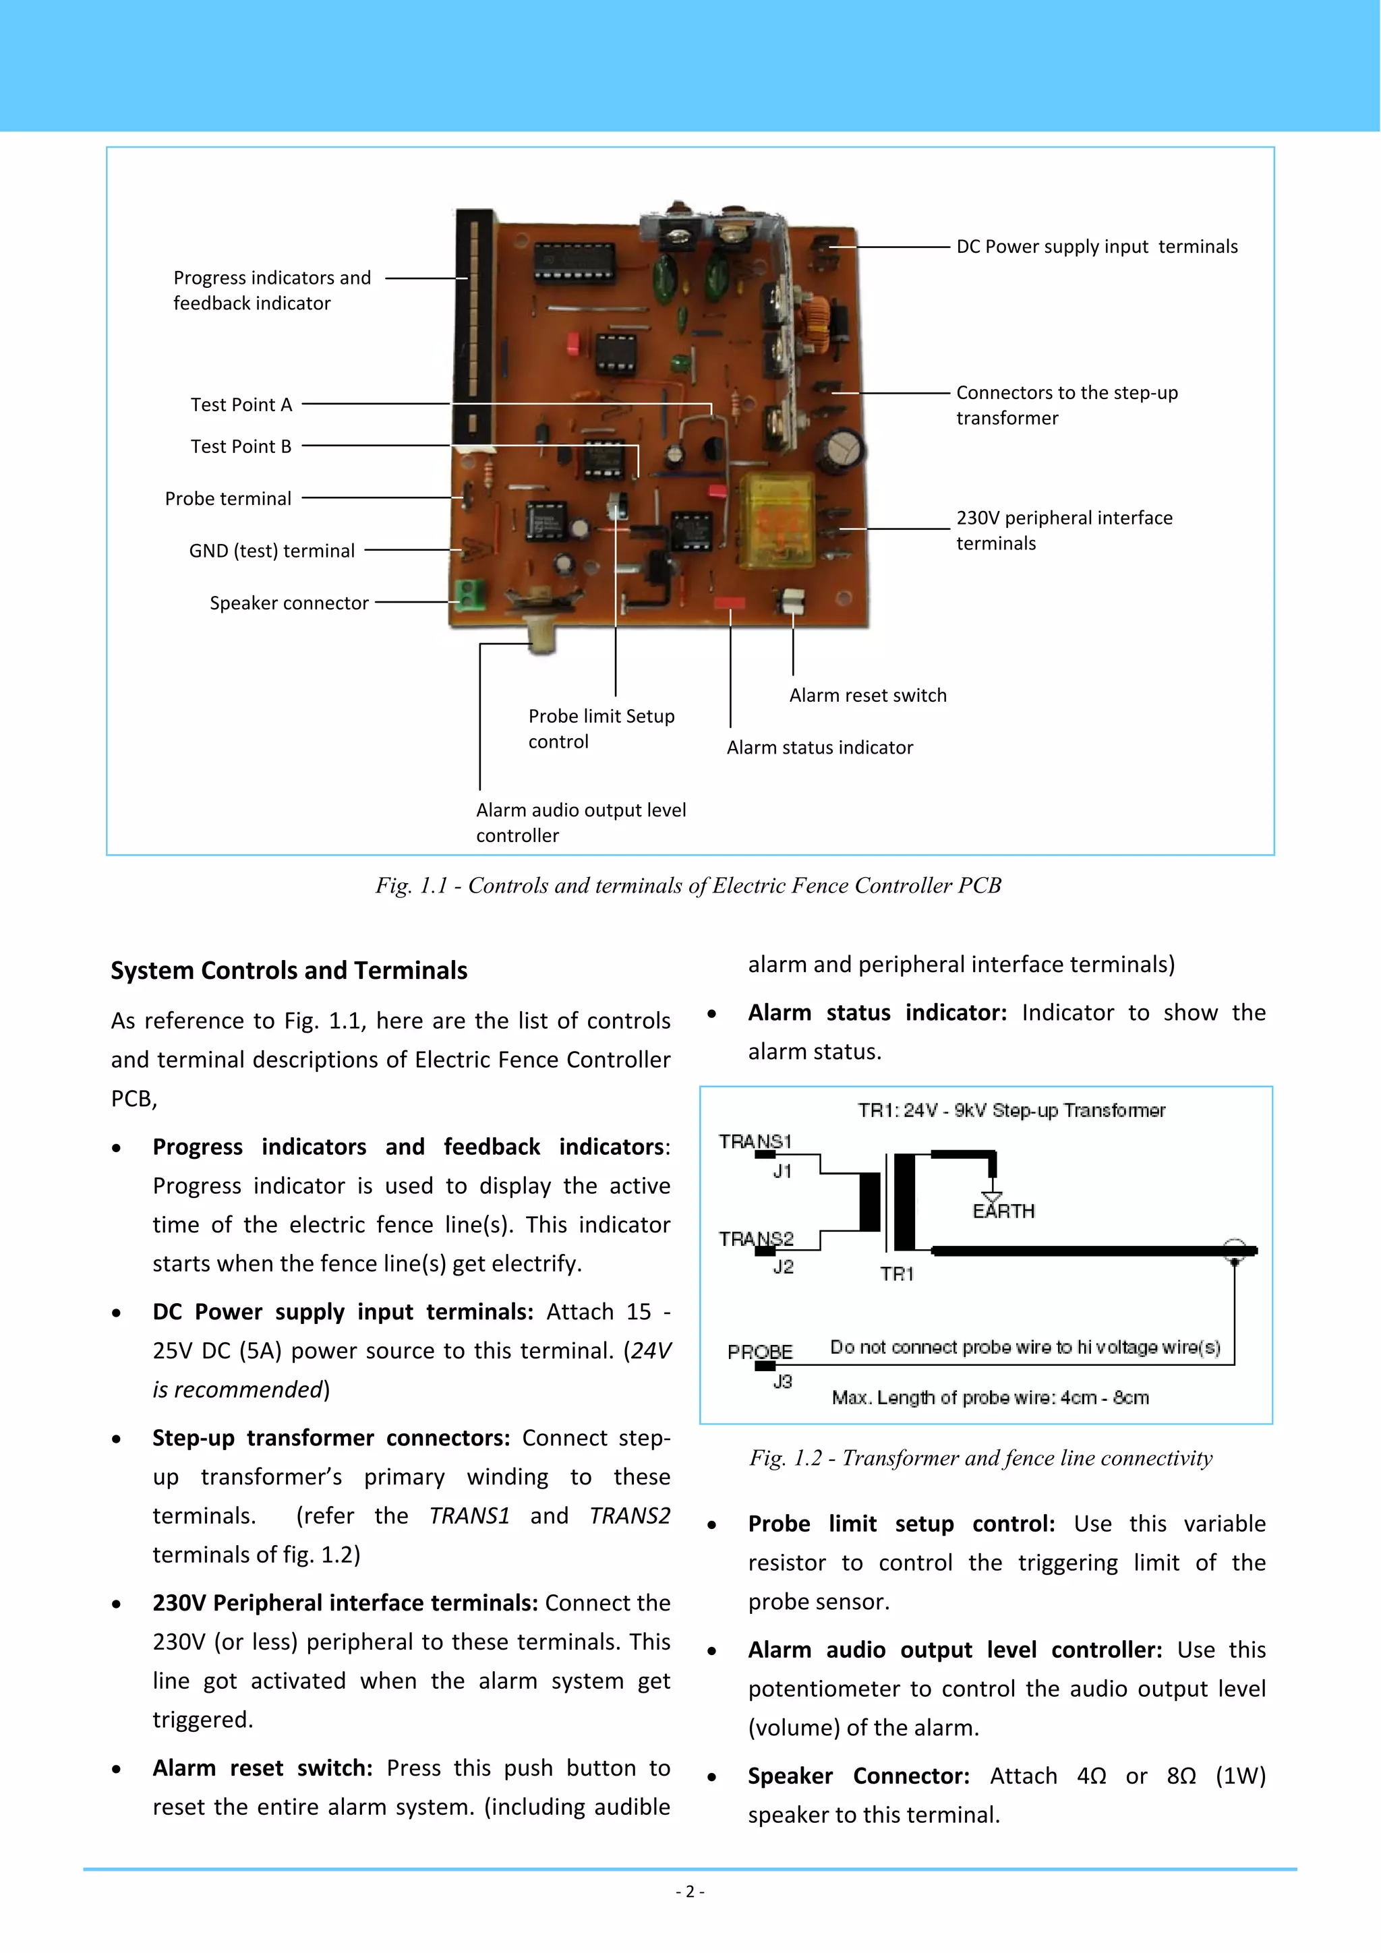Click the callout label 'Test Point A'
241,405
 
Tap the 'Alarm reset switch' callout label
867,695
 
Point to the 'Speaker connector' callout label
289,603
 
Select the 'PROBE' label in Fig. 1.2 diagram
760,1352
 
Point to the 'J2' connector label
783,1267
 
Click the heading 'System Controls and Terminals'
289,971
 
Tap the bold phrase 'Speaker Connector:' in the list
858,1776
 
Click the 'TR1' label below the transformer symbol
897,1273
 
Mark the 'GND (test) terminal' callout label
272,551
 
